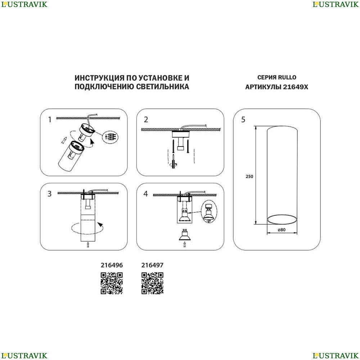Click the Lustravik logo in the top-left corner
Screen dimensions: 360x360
pos(24,4)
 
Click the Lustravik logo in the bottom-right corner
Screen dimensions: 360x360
pos(336,355)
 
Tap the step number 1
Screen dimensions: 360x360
pos(50,120)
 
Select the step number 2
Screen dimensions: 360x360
pos(146,120)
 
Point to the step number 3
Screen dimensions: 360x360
pos(49,194)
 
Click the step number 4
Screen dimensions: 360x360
pos(145,194)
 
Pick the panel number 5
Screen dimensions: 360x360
pos(243,120)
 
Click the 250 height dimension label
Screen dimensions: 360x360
pos(249,176)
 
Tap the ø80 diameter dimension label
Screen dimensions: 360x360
pos(282,230)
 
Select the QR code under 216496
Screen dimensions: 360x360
pos(112,283)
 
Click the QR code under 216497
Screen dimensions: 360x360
pos(152,283)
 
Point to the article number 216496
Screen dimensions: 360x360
pos(112,265)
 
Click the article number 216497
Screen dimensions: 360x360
pos(152,265)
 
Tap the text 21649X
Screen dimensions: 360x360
pos(296,87)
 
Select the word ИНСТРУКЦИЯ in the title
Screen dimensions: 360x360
pos(100,78)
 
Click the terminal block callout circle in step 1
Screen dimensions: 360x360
pos(110,137)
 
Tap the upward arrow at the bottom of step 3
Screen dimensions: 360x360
pos(88,245)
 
